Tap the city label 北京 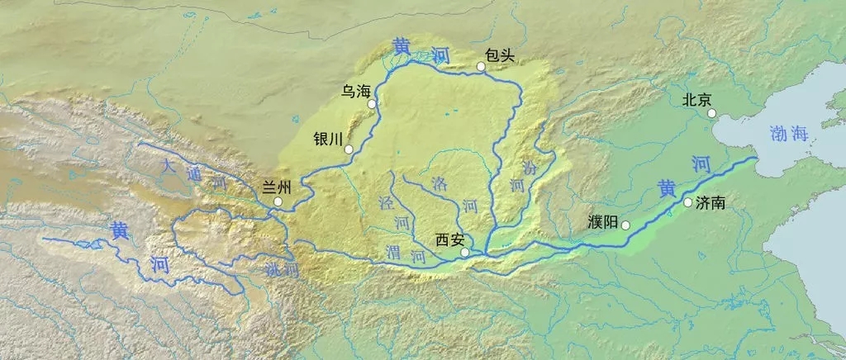[696, 100]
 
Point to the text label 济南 [711, 202]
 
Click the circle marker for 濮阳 [625, 225]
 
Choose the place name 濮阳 [601, 223]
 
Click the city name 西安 [449, 240]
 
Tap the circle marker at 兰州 [278, 201]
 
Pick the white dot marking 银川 [349, 149]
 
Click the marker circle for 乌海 [373, 104]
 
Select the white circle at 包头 [481, 67]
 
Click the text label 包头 [501, 55]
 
